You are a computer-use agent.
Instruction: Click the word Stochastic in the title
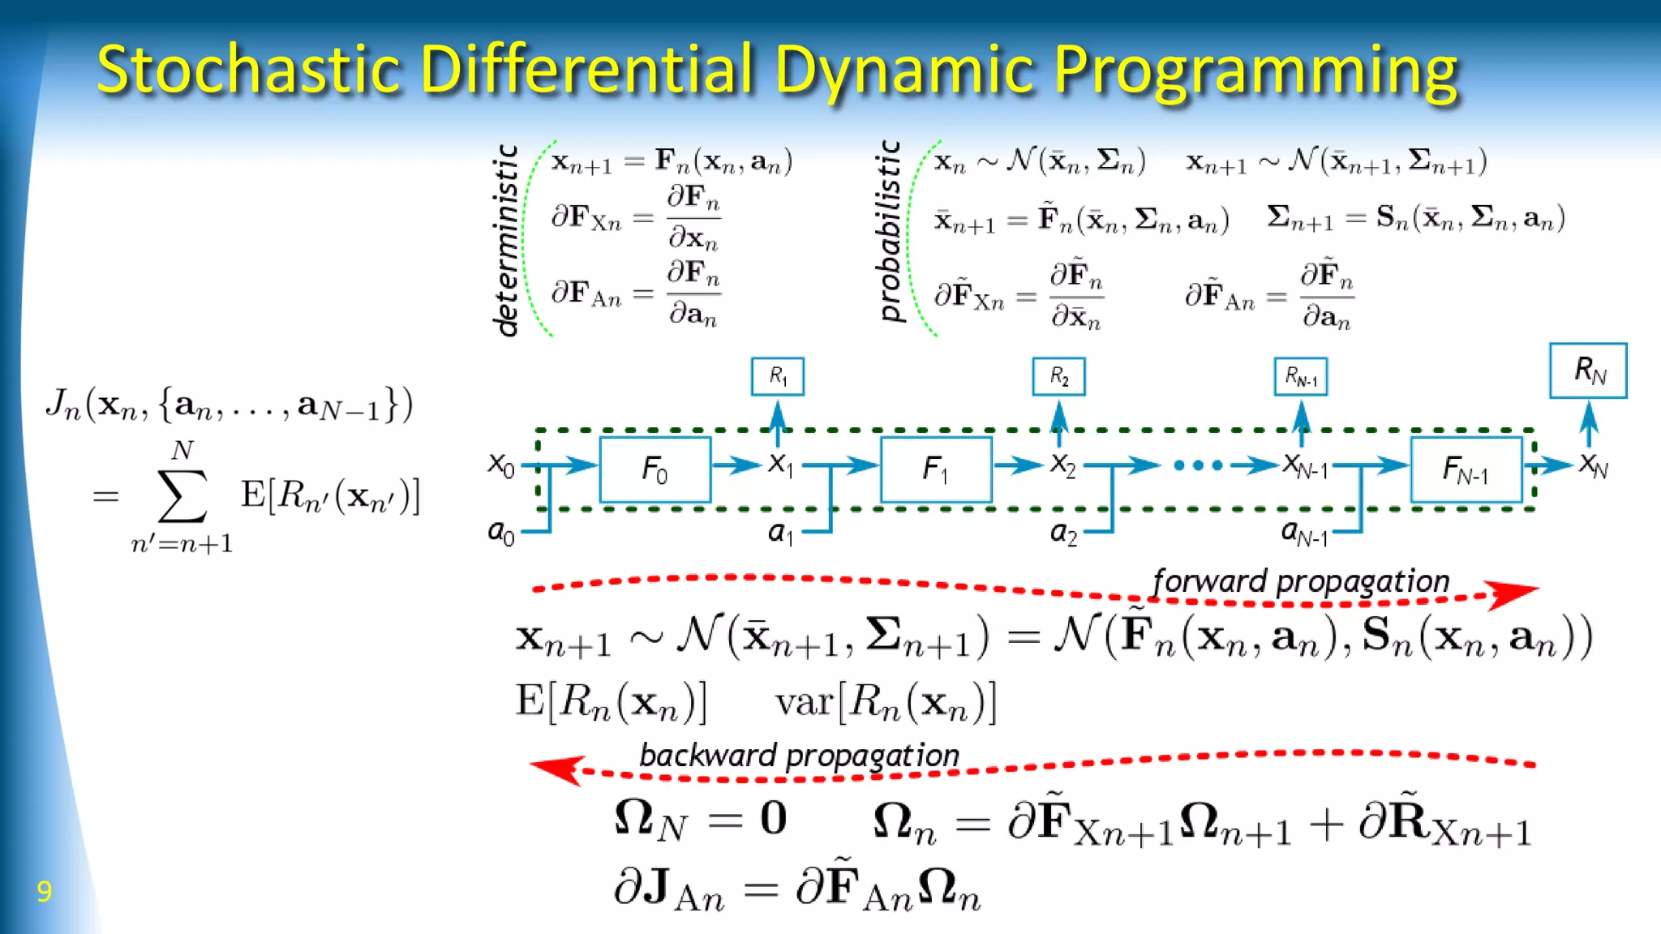pyautogui.click(x=248, y=70)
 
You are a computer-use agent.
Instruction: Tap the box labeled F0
pyautogui.click(x=655, y=469)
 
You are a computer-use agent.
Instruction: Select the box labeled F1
pyautogui.click(x=936, y=469)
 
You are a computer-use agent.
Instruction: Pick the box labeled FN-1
pyautogui.click(x=1466, y=469)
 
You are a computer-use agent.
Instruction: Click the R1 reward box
pyautogui.click(x=778, y=376)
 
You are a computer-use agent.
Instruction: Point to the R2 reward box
pyautogui.click(x=1058, y=376)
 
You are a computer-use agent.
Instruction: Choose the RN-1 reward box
pyautogui.click(x=1301, y=376)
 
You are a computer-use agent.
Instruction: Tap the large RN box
pyautogui.click(x=1588, y=371)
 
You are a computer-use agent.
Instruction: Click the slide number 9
pyautogui.click(x=45, y=891)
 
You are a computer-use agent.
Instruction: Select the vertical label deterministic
pyautogui.click(x=506, y=240)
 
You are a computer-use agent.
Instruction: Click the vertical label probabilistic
pyautogui.click(x=891, y=230)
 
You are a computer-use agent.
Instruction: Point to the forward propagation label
pyautogui.click(x=1301, y=581)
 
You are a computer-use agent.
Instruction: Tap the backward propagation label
pyautogui.click(x=799, y=755)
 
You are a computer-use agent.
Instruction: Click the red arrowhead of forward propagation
pyautogui.click(x=1513, y=593)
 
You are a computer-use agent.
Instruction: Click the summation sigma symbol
pyautogui.click(x=182, y=495)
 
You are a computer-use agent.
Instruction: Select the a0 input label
pyautogui.click(x=500, y=532)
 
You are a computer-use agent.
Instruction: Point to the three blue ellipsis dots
pyautogui.click(x=1198, y=465)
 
